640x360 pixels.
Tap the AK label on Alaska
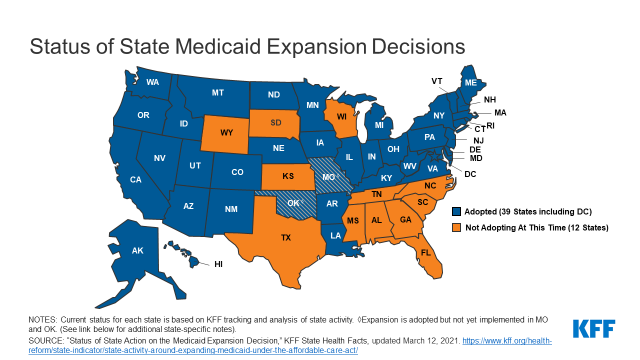click(139, 252)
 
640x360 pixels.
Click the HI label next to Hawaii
click(218, 264)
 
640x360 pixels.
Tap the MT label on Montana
click(217, 93)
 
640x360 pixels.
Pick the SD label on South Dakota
click(275, 122)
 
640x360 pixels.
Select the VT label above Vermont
click(437, 80)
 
